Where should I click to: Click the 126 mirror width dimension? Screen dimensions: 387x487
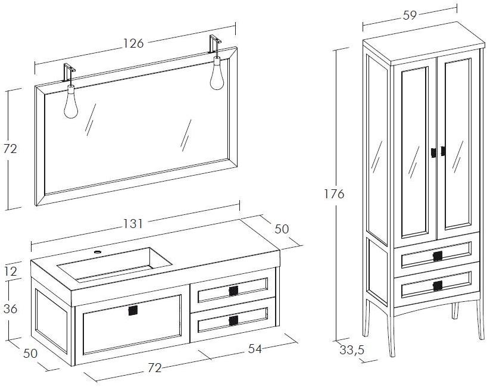pyautogui.click(x=134, y=43)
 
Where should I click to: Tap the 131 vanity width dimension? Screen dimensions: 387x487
pyautogui.click(x=133, y=224)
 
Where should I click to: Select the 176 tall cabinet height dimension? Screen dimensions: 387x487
pyautogui.click(x=334, y=193)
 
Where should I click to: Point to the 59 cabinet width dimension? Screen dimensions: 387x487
pyautogui.click(x=410, y=15)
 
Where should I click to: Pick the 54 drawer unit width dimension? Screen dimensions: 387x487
pyautogui.click(x=255, y=349)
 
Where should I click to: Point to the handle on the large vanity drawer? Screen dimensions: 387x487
pyautogui.click(x=133, y=310)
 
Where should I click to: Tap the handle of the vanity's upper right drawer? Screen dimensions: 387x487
pyautogui.click(x=233, y=291)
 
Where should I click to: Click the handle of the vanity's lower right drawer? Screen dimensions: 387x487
pyautogui.click(x=233, y=321)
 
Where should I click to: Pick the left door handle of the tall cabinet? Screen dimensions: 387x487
pyautogui.click(x=434, y=152)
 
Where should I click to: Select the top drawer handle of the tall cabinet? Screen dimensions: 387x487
pyautogui.click(x=438, y=257)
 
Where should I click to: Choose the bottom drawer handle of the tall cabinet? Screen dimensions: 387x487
pyautogui.click(x=438, y=286)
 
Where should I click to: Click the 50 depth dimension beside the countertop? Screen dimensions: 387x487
pyautogui.click(x=281, y=228)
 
